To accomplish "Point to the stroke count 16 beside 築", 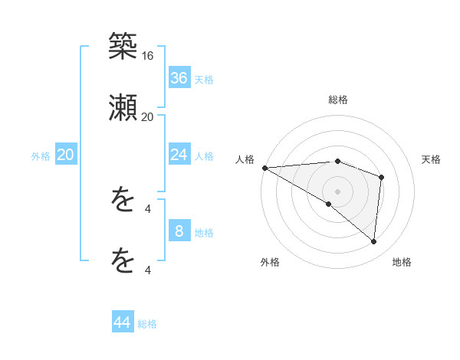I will (x=148, y=56).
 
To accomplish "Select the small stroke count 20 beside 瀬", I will (x=147, y=116).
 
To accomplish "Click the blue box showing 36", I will (x=179, y=77).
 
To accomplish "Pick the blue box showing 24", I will (x=179, y=155).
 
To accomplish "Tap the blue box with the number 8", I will (x=179, y=231).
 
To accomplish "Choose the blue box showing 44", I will (x=123, y=322).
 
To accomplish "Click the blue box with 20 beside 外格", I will (x=66, y=155).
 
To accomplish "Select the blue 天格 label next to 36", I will (x=204, y=80).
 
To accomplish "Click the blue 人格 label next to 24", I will (x=204, y=156).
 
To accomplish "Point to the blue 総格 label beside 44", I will (x=147, y=324).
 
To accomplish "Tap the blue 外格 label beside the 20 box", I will (x=41, y=156).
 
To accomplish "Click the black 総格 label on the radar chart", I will (x=338, y=100).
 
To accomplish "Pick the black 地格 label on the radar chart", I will (x=402, y=262).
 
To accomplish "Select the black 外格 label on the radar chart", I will (x=270, y=262).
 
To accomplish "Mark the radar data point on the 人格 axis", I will (x=264, y=168).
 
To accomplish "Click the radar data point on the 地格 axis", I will (x=373, y=241).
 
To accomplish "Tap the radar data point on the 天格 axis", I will (x=381, y=178).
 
